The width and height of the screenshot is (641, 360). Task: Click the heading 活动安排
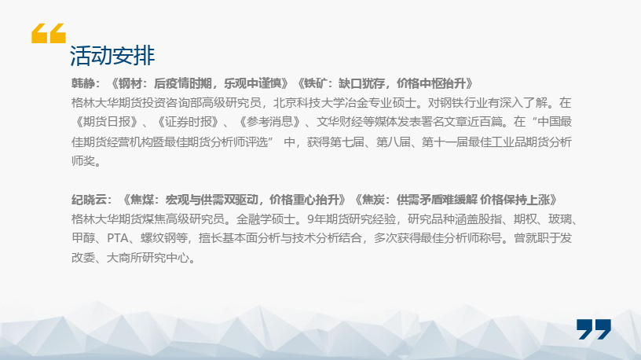(x=112, y=55)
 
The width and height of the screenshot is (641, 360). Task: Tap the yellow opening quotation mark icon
(x=49, y=33)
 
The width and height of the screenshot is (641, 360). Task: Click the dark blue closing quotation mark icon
(x=594, y=329)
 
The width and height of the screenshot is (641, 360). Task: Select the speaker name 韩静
(x=83, y=83)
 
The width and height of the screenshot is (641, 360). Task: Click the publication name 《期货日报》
(x=106, y=122)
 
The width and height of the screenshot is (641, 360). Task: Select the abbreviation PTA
(x=117, y=238)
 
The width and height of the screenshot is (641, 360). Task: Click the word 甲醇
(x=83, y=238)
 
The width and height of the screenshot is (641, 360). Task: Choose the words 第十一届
(x=445, y=142)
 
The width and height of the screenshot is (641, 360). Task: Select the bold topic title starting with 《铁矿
(x=385, y=83)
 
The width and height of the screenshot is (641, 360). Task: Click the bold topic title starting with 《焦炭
(x=456, y=200)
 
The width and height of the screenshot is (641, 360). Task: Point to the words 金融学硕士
(x=266, y=219)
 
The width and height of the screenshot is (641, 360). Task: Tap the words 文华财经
(x=339, y=122)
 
